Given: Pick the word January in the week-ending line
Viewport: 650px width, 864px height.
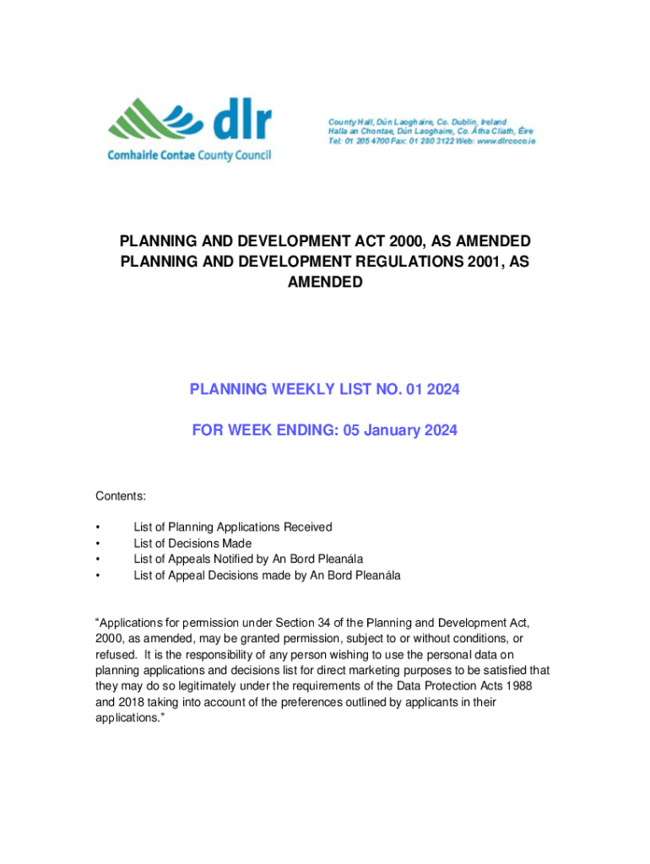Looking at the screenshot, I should [x=379, y=430].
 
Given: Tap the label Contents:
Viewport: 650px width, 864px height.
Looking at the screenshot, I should [x=120, y=496].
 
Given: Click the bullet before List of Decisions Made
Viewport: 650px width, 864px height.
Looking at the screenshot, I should [x=99, y=543].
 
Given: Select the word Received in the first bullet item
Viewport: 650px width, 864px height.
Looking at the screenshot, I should [x=306, y=527].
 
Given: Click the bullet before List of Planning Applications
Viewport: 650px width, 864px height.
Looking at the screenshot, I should [x=99, y=527].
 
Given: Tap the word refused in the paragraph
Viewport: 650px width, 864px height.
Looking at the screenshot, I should [x=114, y=655].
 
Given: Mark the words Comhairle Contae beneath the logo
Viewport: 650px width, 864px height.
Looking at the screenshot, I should [x=150, y=156].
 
